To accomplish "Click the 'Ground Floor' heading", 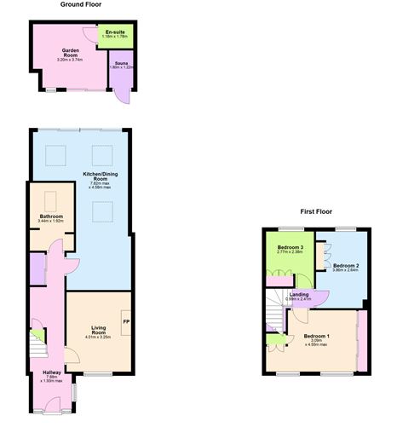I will coord(82,4).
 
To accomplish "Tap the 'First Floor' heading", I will coord(315,211).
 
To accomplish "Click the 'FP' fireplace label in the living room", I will coord(126,321).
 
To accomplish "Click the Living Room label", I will coord(98,330).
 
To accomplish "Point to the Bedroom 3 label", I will coord(291,247).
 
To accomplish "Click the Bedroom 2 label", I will coord(345,265).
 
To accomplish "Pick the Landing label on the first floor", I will coord(300,294).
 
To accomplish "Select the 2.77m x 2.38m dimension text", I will coord(291,252).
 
